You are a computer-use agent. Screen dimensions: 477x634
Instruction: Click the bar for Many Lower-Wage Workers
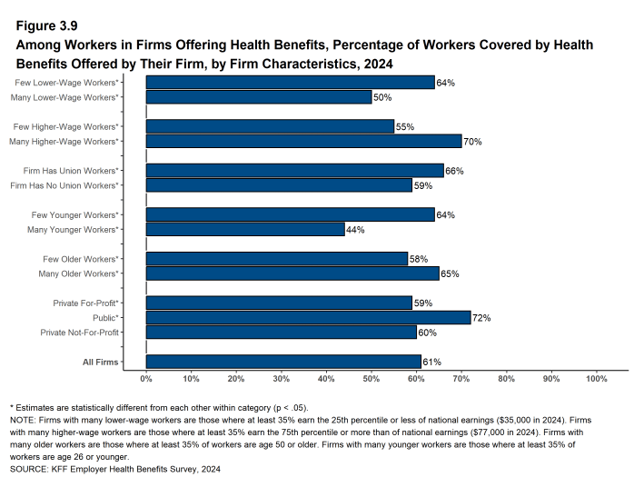(x=259, y=97)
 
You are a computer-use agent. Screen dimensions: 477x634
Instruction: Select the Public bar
(x=308, y=317)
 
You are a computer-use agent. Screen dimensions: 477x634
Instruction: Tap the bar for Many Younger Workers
(x=245, y=230)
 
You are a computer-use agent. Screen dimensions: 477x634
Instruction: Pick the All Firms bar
(x=283, y=362)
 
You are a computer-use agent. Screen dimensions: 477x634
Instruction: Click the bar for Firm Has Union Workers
(x=294, y=171)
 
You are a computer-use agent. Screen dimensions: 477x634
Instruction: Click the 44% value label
(x=355, y=230)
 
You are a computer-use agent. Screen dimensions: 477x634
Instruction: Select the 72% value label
(x=480, y=317)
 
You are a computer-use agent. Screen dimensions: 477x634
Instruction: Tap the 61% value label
(x=431, y=362)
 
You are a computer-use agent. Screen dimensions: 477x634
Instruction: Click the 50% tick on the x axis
(x=371, y=379)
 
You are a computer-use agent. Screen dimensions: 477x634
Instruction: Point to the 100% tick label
(x=596, y=379)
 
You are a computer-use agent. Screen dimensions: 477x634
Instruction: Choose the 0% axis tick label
(x=146, y=379)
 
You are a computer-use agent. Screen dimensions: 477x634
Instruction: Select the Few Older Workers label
(x=84, y=259)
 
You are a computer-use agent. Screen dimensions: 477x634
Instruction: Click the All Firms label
(x=101, y=363)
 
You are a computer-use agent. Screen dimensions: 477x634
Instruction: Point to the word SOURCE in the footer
(x=29, y=470)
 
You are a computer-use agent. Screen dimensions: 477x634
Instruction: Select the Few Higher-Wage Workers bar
(x=270, y=126)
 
